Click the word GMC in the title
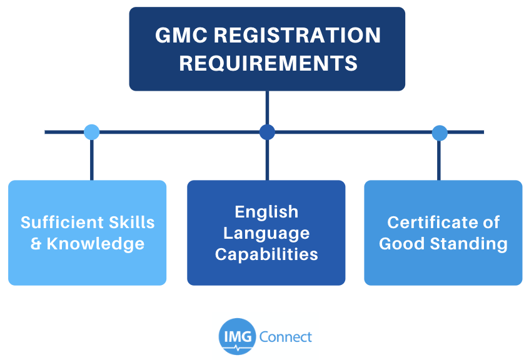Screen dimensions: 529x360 [181, 35]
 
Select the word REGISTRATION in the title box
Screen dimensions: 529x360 [298, 35]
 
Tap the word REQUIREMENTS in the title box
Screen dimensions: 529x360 [268, 63]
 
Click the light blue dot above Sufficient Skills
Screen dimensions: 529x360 [92, 132]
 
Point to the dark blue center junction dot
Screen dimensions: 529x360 [267, 132]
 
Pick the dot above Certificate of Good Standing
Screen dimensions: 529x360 [440, 132]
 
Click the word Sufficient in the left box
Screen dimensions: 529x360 [58, 222]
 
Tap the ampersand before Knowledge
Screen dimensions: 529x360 [36, 244]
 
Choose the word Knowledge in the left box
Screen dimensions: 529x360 [96, 244]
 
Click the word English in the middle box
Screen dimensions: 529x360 [266, 212]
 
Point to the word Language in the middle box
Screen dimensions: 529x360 [266, 234]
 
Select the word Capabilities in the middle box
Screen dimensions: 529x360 [266, 254]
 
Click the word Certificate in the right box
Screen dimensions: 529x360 [431, 222]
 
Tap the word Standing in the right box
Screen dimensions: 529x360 [469, 244]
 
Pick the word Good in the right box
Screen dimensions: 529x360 [402, 244]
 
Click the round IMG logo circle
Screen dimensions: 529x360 [237, 336]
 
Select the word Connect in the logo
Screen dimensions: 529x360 [285, 337]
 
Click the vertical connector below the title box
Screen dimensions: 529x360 [267, 108]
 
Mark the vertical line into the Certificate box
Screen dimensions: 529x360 [439, 161]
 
